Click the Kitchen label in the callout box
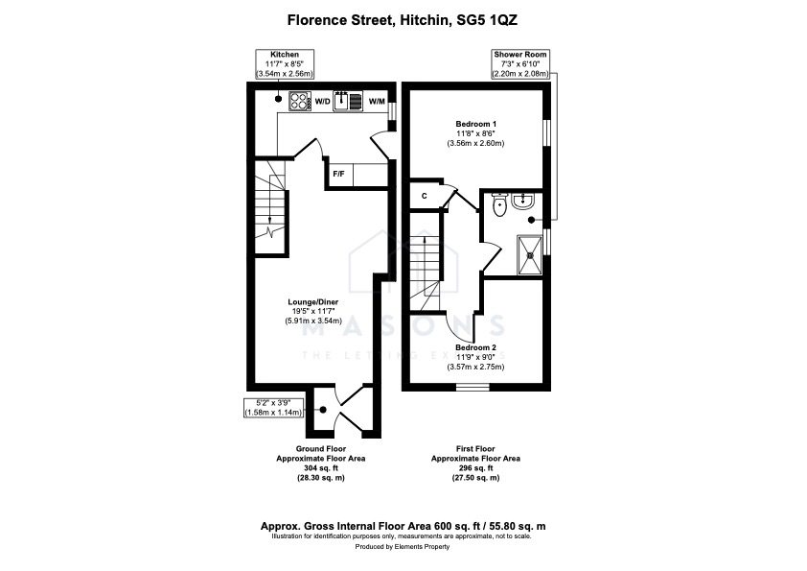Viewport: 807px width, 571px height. pyautogui.click(x=285, y=54)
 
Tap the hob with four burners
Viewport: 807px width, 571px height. pyautogui.click(x=300, y=101)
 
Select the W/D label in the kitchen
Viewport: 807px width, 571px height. pyautogui.click(x=322, y=102)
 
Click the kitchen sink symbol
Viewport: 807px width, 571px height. pyautogui.click(x=349, y=101)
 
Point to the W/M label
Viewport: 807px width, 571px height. pyautogui.click(x=377, y=102)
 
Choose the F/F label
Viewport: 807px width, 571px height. pyautogui.click(x=338, y=175)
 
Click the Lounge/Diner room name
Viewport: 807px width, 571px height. pyautogui.click(x=312, y=302)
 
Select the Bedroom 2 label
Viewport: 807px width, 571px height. pyautogui.click(x=475, y=347)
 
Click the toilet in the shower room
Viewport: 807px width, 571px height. pyautogui.click(x=499, y=204)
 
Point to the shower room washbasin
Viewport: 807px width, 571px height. pyautogui.click(x=524, y=201)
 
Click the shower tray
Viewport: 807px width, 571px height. pyautogui.click(x=530, y=254)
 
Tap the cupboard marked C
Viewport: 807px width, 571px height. pyautogui.click(x=425, y=196)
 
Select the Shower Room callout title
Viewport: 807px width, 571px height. pyautogui.click(x=520, y=54)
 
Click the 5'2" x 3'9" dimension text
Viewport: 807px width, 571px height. pyautogui.click(x=274, y=402)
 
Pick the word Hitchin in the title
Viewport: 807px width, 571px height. pyautogui.click(x=423, y=20)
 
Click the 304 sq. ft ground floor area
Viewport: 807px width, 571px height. pyautogui.click(x=321, y=468)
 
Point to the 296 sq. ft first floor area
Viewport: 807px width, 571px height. pyautogui.click(x=475, y=468)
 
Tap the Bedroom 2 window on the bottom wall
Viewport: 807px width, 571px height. pyautogui.click(x=473, y=387)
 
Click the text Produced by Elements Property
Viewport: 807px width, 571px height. pyautogui.click(x=403, y=547)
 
